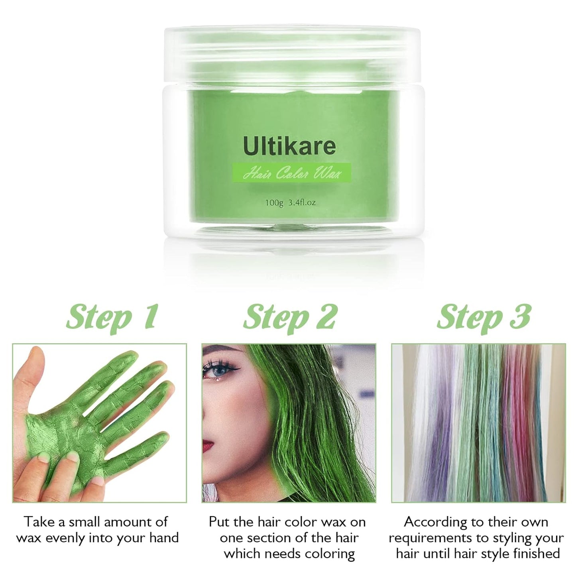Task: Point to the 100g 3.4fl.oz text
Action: (x=290, y=202)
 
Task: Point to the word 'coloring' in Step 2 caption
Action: (x=329, y=554)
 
